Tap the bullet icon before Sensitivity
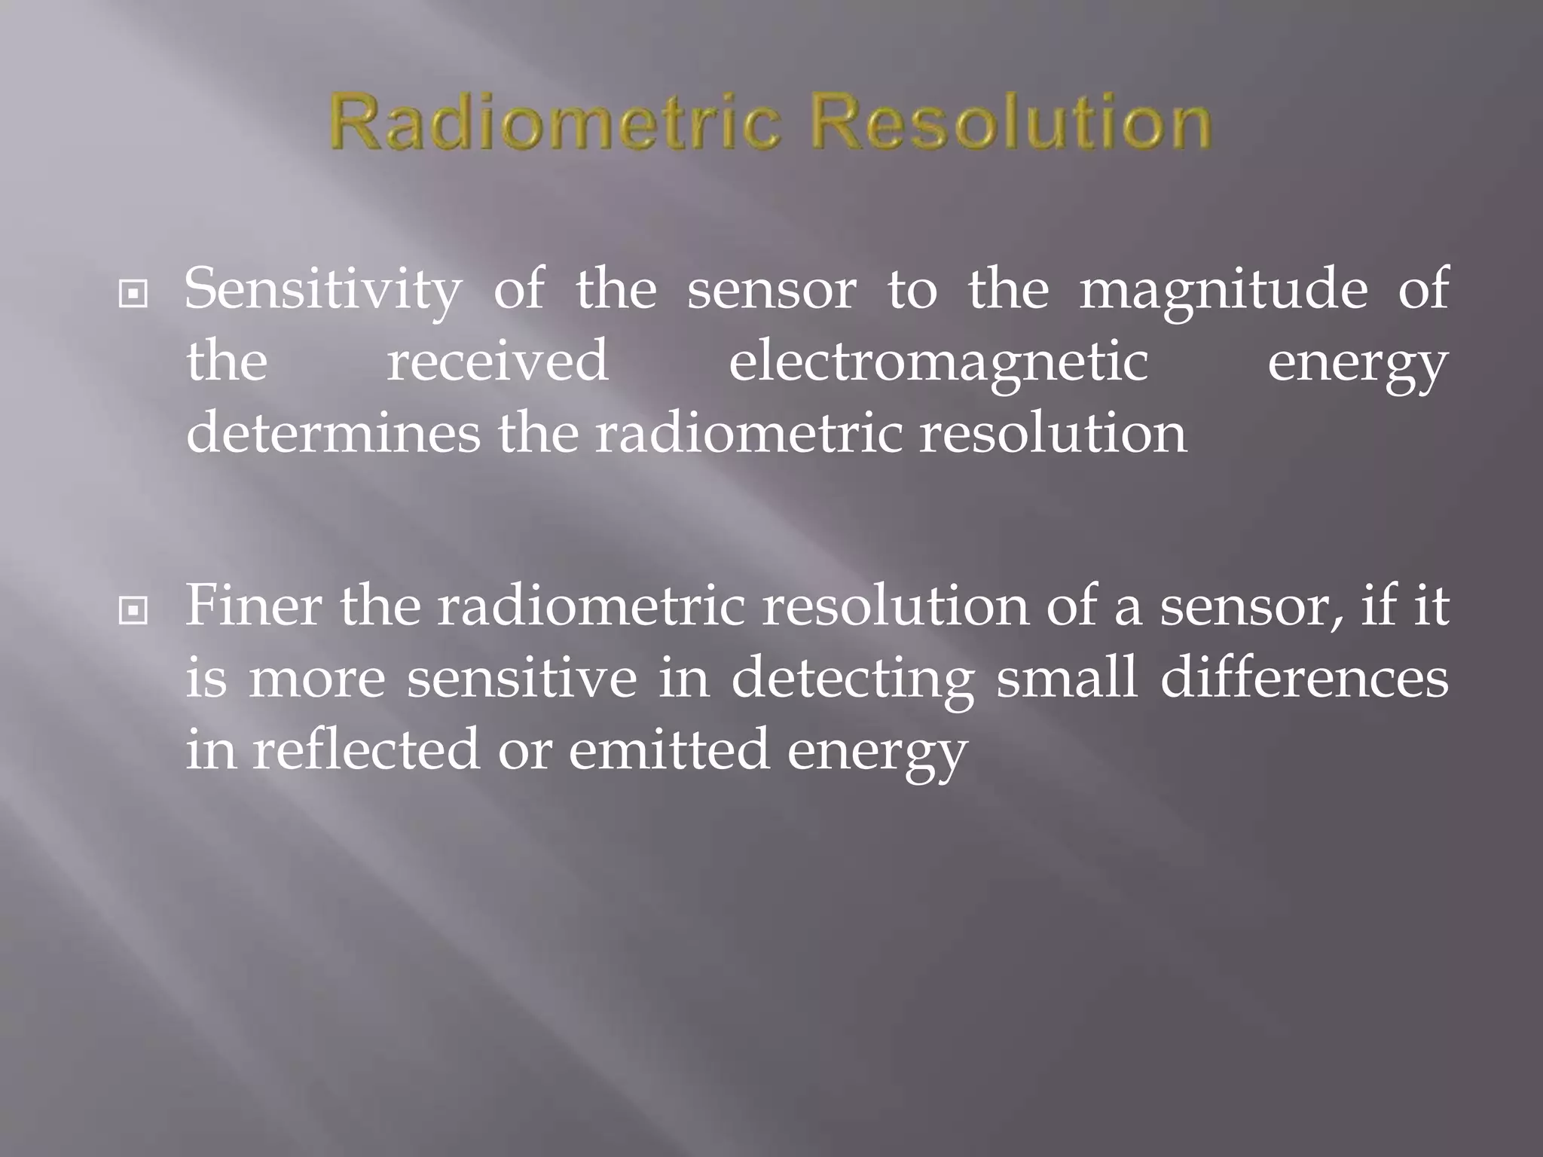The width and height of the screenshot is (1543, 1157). pos(133,295)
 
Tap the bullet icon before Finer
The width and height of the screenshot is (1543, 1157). pos(133,611)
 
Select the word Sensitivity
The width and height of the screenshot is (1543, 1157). pos(322,290)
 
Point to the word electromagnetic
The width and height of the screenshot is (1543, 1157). pos(938,362)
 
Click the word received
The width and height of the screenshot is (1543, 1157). pos(497,362)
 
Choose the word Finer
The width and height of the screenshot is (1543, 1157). pos(253,606)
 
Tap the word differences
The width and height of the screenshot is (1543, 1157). pos(1304,679)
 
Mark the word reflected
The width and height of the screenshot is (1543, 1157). pos(365,749)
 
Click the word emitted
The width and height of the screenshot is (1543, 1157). pos(669,749)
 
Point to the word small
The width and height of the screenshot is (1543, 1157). pos(1066,679)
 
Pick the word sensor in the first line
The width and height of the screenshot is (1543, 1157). pos(771,290)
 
